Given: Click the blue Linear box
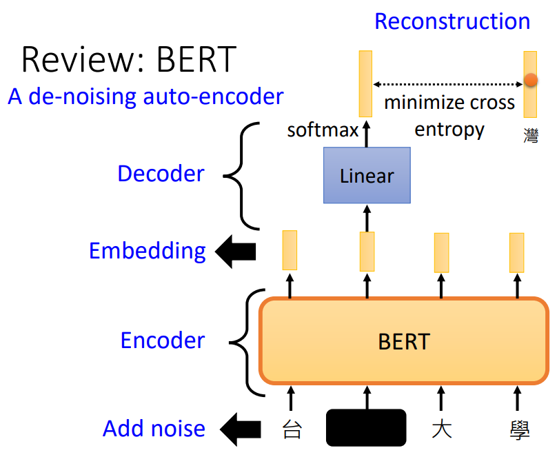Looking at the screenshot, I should [x=367, y=176].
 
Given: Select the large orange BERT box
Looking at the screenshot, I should [x=404, y=341].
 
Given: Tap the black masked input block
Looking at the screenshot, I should [x=365, y=427].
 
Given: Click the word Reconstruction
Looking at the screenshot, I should [x=452, y=21].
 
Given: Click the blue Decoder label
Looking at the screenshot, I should [x=161, y=174].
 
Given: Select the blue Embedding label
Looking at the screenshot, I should [x=148, y=251].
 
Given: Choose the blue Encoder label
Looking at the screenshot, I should [x=163, y=341].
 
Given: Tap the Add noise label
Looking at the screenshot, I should [x=154, y=429].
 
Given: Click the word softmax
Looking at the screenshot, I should [x=323, y=130].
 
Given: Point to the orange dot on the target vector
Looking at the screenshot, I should [x=530, y=81].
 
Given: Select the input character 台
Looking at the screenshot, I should [x=292, y=429].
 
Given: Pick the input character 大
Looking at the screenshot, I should [x=441, y=429].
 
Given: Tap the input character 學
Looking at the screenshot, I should [x=518, y=429].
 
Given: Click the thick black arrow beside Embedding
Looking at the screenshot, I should [x=236, y=252].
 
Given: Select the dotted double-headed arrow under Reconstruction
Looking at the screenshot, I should [x=448, y=84].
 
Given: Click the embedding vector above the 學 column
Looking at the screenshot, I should [x=517, y=252].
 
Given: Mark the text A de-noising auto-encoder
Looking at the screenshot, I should [x=145, y=97].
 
